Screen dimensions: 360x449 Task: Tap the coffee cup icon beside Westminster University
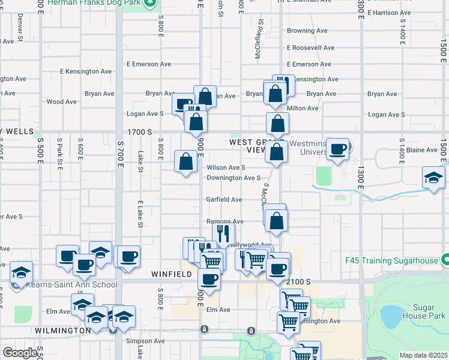338,149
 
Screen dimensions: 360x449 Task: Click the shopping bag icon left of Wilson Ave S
185,161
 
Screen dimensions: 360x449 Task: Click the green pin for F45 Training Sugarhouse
445,260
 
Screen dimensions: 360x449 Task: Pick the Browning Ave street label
307,31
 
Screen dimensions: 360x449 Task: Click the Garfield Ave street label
224,200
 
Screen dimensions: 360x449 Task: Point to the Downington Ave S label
234,178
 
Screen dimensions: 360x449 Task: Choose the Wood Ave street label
61,102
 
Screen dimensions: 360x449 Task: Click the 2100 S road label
298,281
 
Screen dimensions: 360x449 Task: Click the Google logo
20,353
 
